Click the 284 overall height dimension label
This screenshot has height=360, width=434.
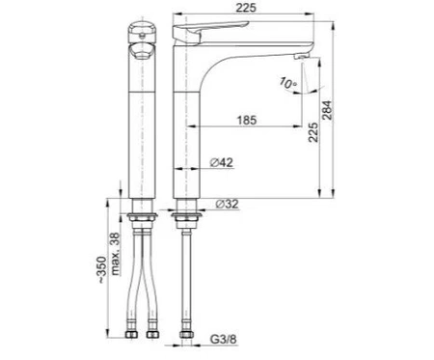[328, 110]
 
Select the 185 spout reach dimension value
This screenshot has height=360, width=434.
[247, 121]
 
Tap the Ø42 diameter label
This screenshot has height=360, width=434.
[222, 162]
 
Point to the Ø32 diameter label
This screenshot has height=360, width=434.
[227, 204]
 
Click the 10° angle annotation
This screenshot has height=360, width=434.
[288, 83]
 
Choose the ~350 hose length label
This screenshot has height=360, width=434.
[101, 269]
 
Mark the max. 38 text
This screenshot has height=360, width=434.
[115, 254]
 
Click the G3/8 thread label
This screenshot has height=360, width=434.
[223, 339]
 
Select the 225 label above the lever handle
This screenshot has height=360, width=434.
[246, 8]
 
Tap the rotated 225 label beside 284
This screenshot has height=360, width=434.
[313, 132]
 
